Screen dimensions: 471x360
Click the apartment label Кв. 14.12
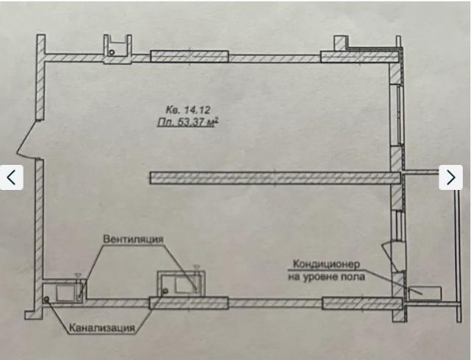188,110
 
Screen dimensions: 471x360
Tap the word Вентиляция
133,239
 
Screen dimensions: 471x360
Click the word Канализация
102,328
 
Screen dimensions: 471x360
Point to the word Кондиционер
326,264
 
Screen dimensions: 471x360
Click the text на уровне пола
327,277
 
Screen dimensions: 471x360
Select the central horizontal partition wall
275,177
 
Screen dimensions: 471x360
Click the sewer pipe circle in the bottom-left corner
47,299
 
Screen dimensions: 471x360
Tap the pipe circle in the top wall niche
112,52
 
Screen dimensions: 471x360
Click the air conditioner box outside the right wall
425,293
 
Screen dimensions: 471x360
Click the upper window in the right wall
396,116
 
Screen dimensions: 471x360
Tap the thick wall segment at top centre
189,57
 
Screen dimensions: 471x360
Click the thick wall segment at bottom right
361,303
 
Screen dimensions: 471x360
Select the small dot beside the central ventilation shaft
165,291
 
